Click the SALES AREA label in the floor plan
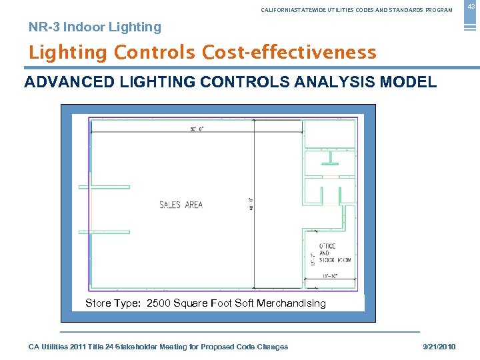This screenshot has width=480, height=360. [181, 205]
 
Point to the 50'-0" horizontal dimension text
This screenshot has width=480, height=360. [197, 129]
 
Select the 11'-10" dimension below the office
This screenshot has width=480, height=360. [330, 275]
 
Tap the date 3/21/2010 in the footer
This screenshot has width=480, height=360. [439, 347]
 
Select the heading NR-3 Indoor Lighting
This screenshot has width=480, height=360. [95, 27]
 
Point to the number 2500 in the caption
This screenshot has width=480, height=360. [158, 303]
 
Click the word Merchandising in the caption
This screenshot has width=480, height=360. [291, 303]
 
